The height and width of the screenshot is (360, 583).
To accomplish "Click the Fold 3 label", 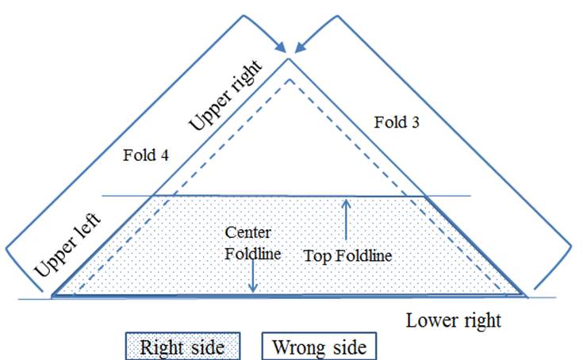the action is (x=397, y=122).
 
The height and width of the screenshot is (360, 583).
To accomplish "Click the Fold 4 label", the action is (x=146, y=155).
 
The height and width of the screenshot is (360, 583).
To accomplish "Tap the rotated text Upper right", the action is (x=226, y=95).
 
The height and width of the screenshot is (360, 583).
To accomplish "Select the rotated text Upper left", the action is (x=67, y=245).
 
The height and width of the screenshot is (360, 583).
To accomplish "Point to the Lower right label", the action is (x=454, y=320).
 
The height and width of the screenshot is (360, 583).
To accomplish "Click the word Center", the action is (x=248, y=232).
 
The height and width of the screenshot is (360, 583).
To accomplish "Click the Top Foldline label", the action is (x=347, y=255).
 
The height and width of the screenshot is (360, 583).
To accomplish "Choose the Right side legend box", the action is (x=183, y=347).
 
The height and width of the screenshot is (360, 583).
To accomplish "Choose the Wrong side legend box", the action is (x=319, y=347).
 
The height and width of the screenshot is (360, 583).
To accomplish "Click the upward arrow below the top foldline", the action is (x=346, y=220).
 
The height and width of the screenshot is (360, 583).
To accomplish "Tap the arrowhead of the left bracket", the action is (x=280, y=48).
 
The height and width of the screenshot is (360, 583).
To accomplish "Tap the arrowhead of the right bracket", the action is (x=301, y=48).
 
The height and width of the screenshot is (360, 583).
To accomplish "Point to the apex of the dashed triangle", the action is (x=290, y=79).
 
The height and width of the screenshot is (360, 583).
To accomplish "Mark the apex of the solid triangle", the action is (x=288, y=59).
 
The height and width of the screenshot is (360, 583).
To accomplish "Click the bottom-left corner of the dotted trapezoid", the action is (x=52, y=296).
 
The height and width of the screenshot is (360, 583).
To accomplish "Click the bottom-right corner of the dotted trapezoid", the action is (x=524, y=296).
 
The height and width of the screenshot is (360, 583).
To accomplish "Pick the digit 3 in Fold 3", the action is (x=415, y=123).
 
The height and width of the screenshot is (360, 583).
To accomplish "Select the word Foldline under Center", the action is (x=253, y=254).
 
